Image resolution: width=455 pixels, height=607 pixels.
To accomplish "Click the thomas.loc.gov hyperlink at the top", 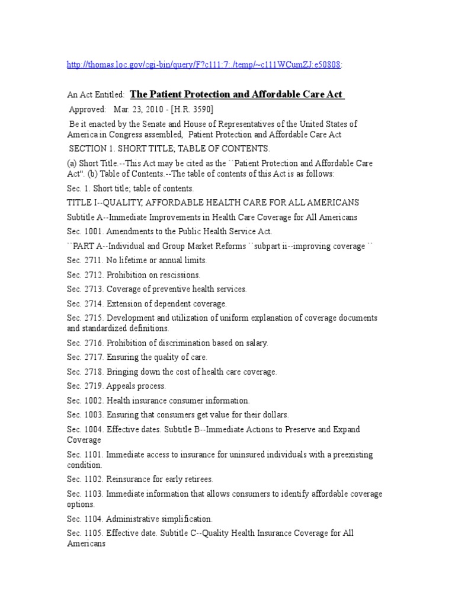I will coord(205,65).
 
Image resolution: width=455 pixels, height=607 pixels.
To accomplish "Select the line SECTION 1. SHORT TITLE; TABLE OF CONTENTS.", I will coord(169,148).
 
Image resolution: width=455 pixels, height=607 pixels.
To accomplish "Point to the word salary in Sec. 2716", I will coord(255,343).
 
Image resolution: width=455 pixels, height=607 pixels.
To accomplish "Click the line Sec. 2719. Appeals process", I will coord(116,386).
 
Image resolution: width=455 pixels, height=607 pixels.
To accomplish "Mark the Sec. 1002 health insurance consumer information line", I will coord(158,400).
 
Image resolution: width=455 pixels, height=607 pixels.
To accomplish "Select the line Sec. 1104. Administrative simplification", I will coord(139,519).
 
